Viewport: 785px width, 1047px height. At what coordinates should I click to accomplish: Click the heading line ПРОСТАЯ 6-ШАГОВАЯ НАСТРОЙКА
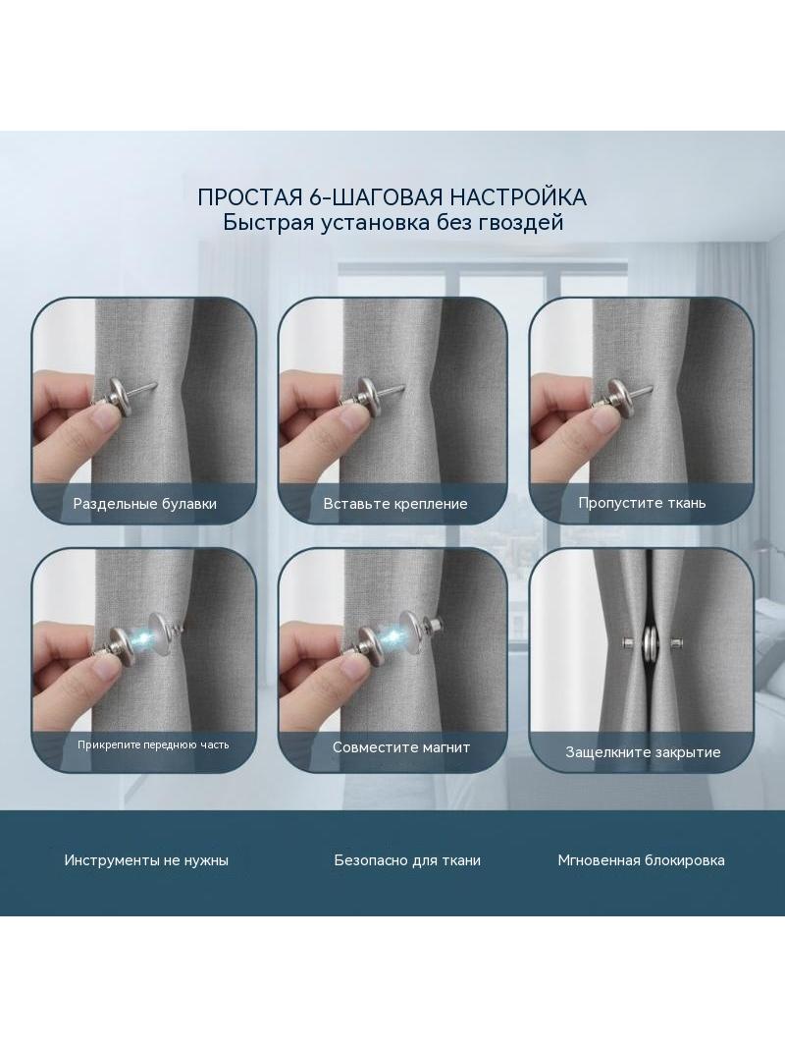tap(392, 197)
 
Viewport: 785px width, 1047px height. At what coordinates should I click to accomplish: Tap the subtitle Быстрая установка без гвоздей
tap(392, 222)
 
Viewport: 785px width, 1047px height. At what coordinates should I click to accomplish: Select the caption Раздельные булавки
tap(144, 504)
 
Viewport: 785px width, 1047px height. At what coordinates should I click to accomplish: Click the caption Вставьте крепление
tap(394, 504)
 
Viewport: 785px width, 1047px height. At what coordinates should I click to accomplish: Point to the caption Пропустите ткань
tap(642, 503)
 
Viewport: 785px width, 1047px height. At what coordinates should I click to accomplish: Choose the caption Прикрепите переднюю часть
tap(153, 744)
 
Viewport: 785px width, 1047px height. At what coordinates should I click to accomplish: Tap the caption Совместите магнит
tap(400, 747)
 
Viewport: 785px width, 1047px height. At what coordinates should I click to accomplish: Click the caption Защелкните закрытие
tap(643, 752)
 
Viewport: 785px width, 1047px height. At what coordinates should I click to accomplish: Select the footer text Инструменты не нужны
tap(146, 860)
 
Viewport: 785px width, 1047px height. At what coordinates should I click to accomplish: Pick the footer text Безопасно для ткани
tap(407, 860)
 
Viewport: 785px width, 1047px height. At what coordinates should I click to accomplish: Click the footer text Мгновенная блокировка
tap(641, 860)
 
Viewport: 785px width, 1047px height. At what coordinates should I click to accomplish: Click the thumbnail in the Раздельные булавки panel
tap(143, 410)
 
